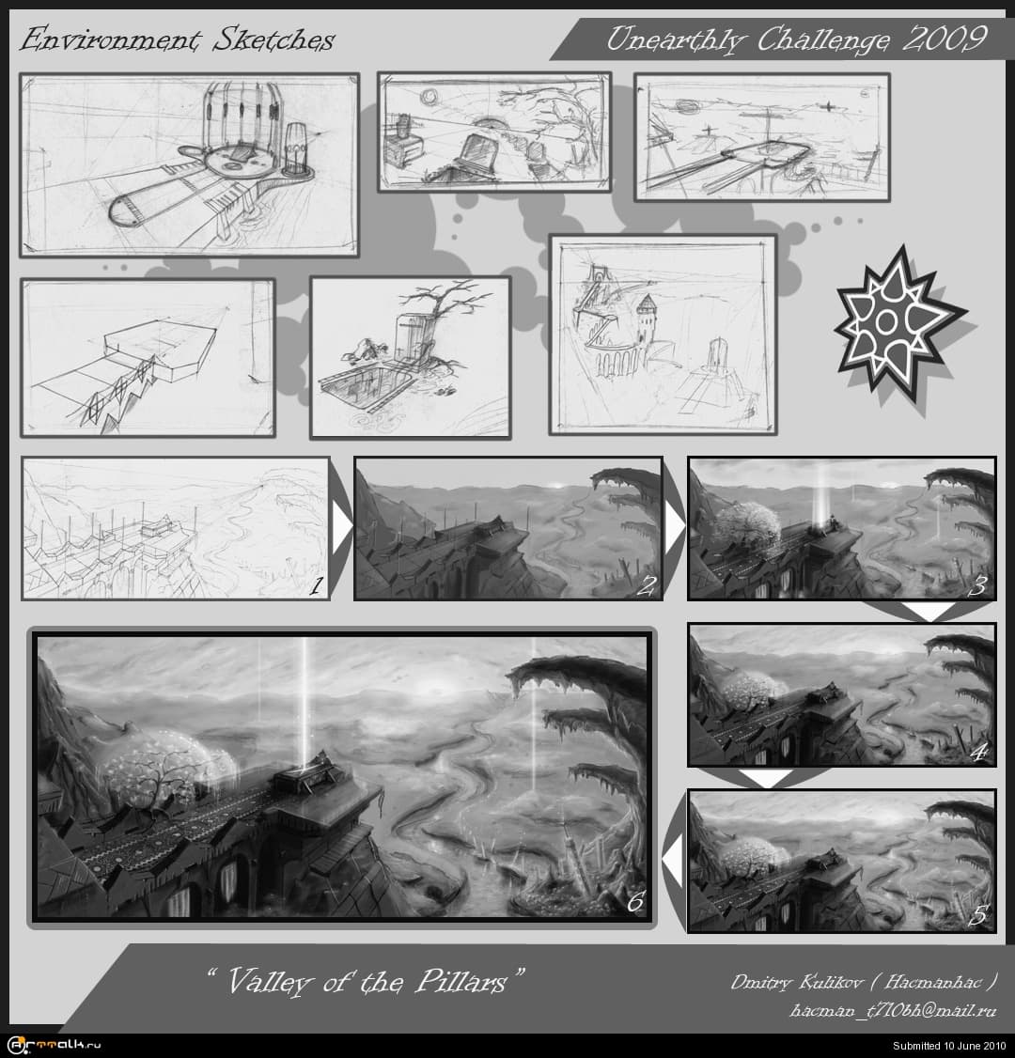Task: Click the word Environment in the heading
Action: (x=111, y=39)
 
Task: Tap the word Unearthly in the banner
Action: (x=676, y=39)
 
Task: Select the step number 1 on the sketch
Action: (x=315, y=585)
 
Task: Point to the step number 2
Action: (x=646, y=585)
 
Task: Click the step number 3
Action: (x=978, y=585)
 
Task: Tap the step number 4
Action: (x=979, y=752)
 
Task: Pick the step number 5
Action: (x=979, y=915)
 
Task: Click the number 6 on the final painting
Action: (x=635, y=902)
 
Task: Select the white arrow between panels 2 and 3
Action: (x=674, y=526)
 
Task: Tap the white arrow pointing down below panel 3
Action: (x=928, y=610)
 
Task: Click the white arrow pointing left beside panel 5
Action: (x=673, y=861)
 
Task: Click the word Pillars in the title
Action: (x=461, y=981)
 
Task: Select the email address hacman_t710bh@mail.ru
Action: (x=892, y=1010)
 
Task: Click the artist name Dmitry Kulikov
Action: (x=797, y=983)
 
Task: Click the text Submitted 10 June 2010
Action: (x=949, y=1046)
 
